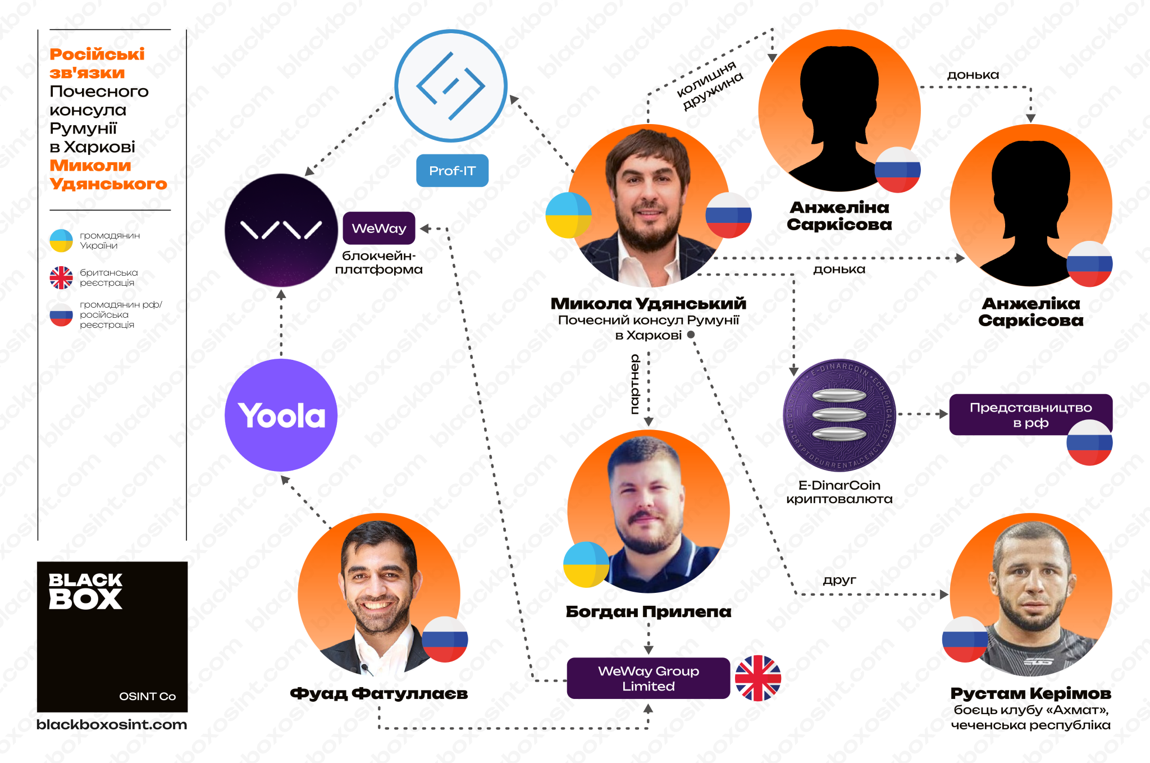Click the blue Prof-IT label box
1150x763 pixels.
click(x=452, y=170)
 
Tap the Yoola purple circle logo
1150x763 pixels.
click(x=281, y=415)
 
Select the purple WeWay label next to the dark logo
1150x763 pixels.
click(x=379, y=228)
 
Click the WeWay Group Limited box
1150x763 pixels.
click(x=648, y=678)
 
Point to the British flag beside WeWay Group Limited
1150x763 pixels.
click(x=758, y=678)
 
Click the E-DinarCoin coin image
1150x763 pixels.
click(x=839, y=415)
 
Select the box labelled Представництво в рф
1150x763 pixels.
click(x=1030, y=414)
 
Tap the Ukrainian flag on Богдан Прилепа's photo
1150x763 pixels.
click(x=586, y=565)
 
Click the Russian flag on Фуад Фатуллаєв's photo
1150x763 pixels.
click(x=445, y=639)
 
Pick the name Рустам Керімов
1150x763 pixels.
click(x=1030, y=693)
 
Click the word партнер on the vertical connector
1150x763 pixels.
click(x=635, y=384)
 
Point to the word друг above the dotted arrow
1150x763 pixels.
click(x=839, y=580)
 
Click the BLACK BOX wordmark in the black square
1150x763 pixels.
click(x=85, y=591)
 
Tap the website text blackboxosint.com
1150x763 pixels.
click(x=112, y=724)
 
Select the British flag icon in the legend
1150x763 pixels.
click(x=61, y=277)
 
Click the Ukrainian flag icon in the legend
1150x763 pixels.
click(x=61, y=241)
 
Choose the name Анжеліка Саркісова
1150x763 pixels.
click(x=1030, y=312)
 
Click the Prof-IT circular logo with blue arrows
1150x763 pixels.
click(x=451, y=86)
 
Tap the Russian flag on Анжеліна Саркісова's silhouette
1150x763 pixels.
click(x=897, y=170)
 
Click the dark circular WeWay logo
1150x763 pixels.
click(x=281, y=230)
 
